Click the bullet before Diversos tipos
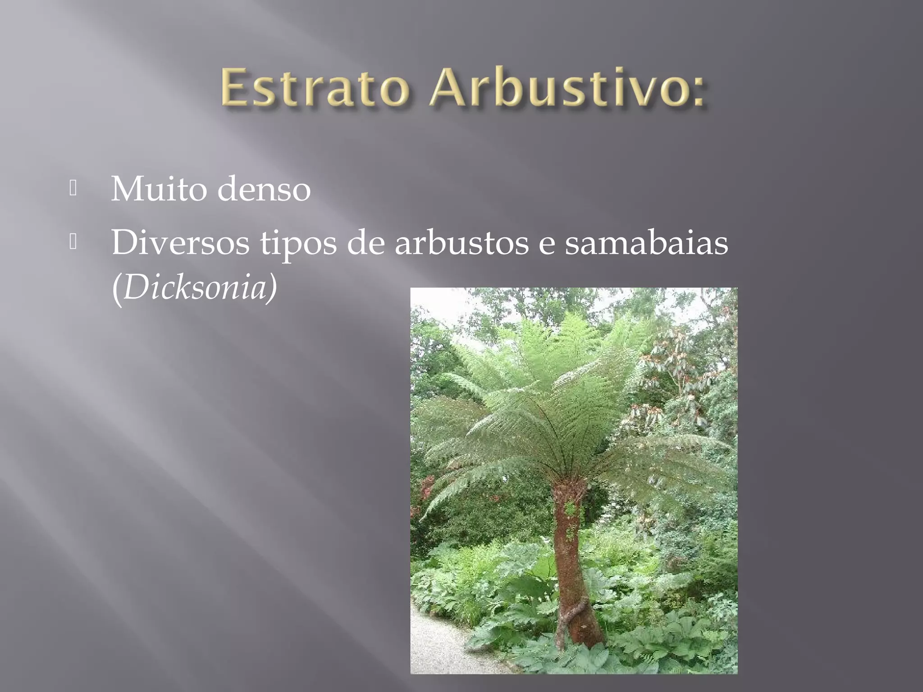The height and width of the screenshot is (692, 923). pos(73,242)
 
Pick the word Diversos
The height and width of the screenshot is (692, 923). pos(180,243)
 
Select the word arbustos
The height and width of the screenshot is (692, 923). pos(461,243)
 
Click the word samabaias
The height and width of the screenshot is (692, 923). pos(646,243)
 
